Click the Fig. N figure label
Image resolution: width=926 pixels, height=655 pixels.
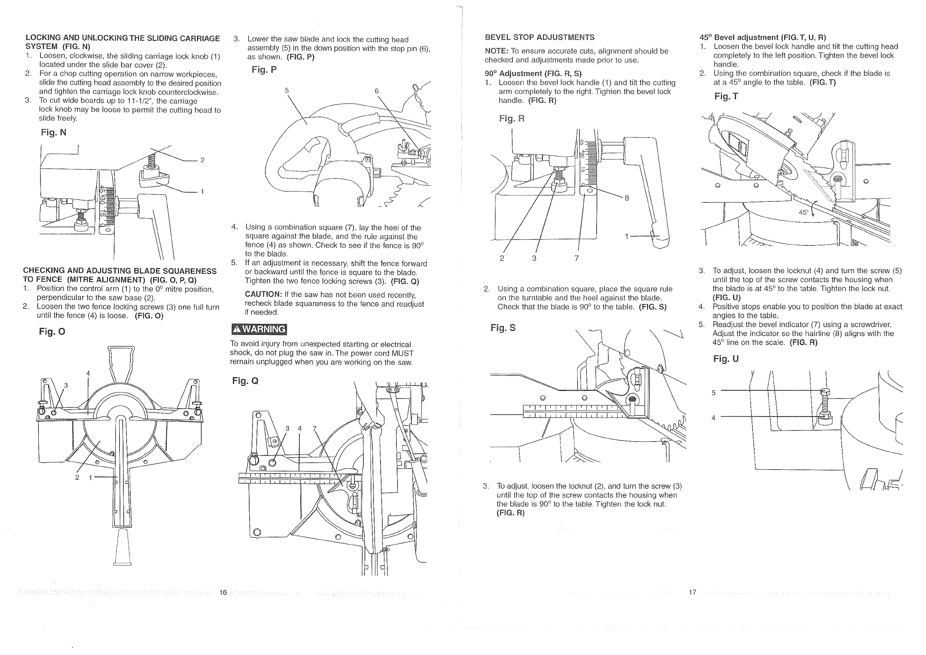[x=53, y=132]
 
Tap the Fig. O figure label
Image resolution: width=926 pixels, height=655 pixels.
[x=52, y=331]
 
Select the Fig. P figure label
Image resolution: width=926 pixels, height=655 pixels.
[x=264, y=69]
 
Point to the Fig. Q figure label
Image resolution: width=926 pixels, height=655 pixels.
[x=245, y=381]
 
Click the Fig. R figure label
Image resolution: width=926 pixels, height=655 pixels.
[x=511, y=118]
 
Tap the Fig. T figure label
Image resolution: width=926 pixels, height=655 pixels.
[x=726, y=97]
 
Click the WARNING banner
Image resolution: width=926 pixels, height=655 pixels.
[x=259, y=329]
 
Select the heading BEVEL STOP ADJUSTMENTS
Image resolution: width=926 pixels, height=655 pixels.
[x=539, y=37]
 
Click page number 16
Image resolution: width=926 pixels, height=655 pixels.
[x=223, y=592]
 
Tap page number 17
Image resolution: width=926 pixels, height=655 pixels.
[x=692, y=592]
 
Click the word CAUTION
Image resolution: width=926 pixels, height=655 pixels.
[x=263, y=294]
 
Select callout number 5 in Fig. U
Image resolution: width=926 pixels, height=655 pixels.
[x=713, y=393]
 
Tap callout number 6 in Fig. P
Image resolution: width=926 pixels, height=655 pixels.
[x=377, y=91]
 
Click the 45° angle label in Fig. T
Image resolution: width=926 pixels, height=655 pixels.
[x=803, y=213]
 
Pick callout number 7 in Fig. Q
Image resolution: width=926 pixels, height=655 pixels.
[x=315, y=428]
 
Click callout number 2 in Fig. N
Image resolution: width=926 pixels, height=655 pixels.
[x=202, y=160]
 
